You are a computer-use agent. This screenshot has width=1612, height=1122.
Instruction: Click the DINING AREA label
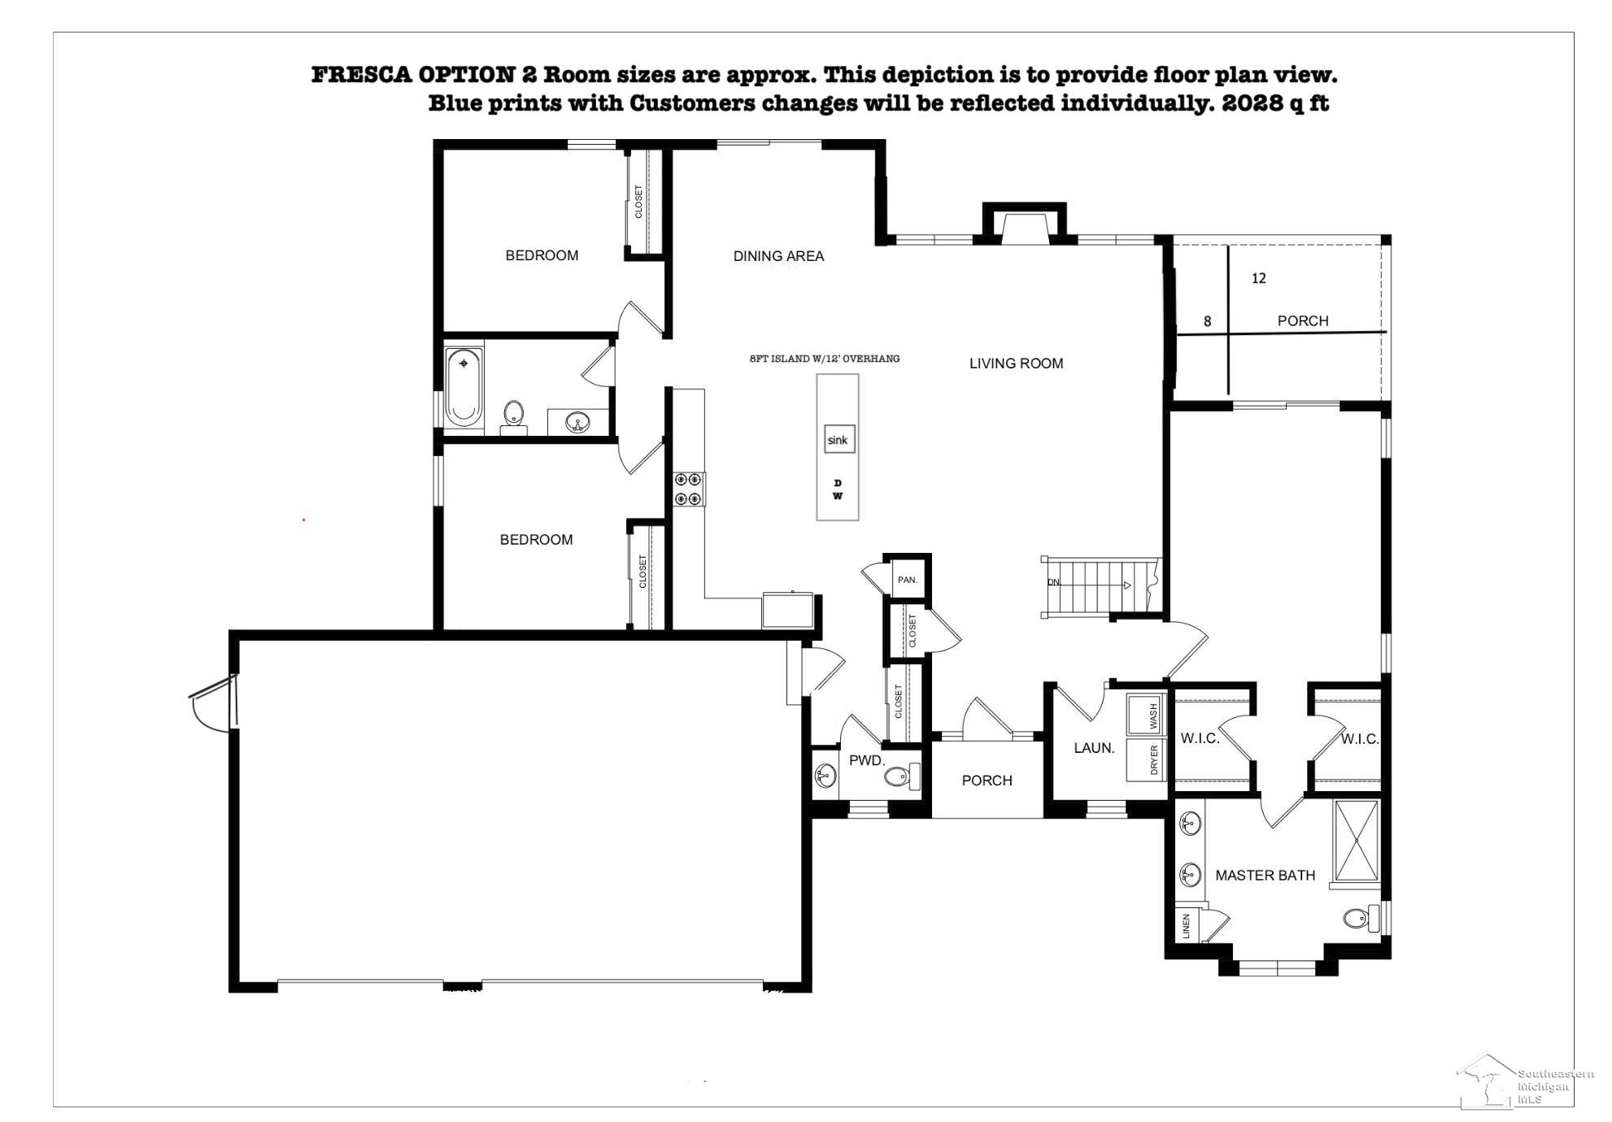point(778,256)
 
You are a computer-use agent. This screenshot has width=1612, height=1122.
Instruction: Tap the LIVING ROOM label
point(1016,363)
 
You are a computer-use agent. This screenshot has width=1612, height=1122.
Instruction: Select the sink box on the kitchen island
point(838,440)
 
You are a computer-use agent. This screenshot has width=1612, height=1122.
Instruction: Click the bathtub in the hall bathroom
point(464,388)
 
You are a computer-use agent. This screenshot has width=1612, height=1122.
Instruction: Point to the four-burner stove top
point(689,489)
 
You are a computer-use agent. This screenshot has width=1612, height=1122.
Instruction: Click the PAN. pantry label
point(907,580)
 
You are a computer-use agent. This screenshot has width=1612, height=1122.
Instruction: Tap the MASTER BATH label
point(1265,876)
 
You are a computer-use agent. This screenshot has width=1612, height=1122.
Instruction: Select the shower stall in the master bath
point(1357,841)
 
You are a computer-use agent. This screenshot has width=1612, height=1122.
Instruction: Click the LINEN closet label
point(1186,926)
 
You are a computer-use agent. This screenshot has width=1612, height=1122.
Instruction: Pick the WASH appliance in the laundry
point(1147,715)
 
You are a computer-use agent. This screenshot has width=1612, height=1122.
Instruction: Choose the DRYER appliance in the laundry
point(1147,760)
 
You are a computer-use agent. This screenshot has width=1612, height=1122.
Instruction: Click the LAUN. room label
point(1094,748)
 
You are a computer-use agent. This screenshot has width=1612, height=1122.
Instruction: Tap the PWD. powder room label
point(866,761)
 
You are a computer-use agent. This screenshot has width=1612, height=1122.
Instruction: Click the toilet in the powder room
point(900,776)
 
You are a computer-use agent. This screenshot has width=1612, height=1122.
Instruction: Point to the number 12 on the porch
point(1258,278)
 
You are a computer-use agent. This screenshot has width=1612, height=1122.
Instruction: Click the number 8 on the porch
point(1207,321)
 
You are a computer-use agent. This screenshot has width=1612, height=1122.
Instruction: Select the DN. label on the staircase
point(1054,582)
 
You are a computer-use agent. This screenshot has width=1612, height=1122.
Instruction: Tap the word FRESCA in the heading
point(362,75)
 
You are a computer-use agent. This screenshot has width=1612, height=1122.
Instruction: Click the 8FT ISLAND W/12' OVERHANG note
point(825,359)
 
